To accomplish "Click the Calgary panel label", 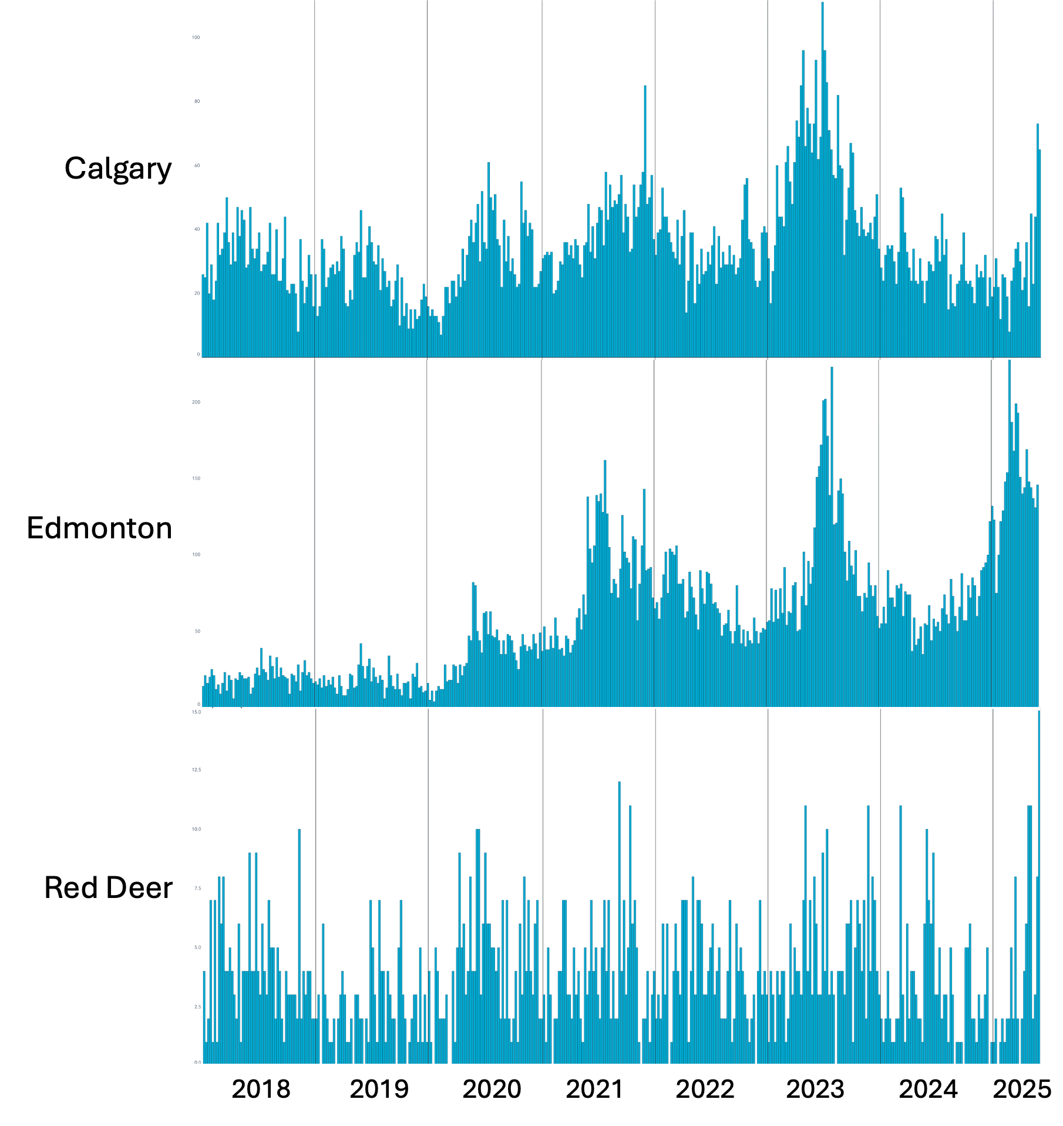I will coord(118,169).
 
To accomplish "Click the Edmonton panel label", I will coord(99,528).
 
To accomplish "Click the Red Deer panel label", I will coord(108,887).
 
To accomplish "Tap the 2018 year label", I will coord(261,1089).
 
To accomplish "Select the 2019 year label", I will coord(379,1089).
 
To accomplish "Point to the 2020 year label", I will coord(492,1089).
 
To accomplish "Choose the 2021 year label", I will coord(594,1089).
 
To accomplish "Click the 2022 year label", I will coord(705,1089).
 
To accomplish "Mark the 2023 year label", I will coord(815,1089).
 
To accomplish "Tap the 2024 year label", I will coord(928,1089).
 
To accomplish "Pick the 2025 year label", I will coord(1022,1089).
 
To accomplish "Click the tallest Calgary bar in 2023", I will coord(822,176).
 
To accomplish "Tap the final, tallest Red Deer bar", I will coord(1039,882).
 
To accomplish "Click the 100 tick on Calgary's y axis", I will coord(196,38).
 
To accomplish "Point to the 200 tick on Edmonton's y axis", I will coord(196,403).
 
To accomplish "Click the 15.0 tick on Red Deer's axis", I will coord(196,712).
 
